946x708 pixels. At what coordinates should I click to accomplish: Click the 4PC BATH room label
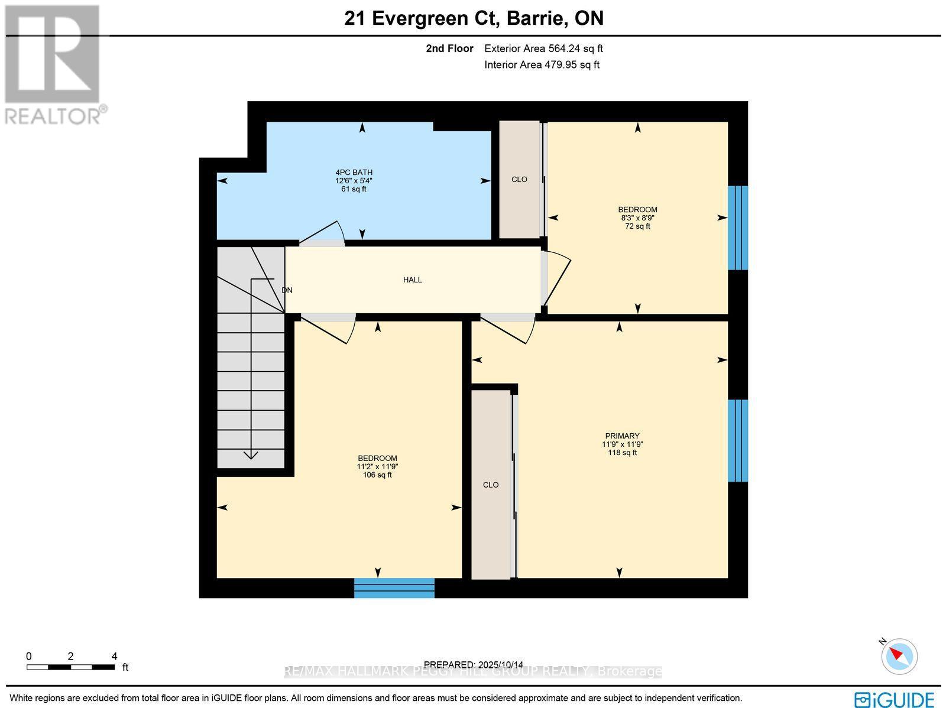pyautogui.click(x=354, y=173)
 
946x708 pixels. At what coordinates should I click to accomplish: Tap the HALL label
pyautogui.click(x=412, y=280)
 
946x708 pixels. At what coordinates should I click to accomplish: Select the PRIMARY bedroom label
pyautogui.click(x=622, y=436)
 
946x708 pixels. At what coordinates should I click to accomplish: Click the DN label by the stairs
pyautogui.click(x=287, y=290)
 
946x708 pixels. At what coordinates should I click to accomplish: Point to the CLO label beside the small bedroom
pyautogui.click(x=519, y=179)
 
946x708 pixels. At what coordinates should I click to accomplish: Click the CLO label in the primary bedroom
pyautogui.click(x=491, y=485)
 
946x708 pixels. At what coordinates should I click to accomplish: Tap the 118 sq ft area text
pyautogui.click(x=622, y=453)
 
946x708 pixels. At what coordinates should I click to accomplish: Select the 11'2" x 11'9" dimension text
pyautogui.click(x=377, y=466)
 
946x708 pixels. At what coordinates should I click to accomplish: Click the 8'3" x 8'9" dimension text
pyautogui.click(x=637, y=217)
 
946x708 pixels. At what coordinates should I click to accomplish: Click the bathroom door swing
pyautogui.click(x=322, y=233)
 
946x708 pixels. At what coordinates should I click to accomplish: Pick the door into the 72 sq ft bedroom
pyautogui.click(x=556, y=278)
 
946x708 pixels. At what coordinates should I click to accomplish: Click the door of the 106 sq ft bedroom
pyautogui.click(x=328, y=328)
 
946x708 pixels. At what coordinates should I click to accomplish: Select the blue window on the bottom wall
pyautogui.click(x=394, y=588)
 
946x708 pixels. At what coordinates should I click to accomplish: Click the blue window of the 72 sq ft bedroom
pyautogui.click(x=737, y=228)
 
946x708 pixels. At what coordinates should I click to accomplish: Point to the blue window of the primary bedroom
pyautogui.click(x=737, y=441)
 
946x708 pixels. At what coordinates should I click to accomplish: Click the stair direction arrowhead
pyautogui.click(x=251, y=454)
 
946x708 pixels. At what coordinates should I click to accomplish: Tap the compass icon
pyautogui.click(x=899, y=656)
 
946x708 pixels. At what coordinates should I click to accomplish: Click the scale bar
pyautogui.click(x=70, y=667)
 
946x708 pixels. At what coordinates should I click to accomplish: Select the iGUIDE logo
pyautogui.click(x=894, y=700)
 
